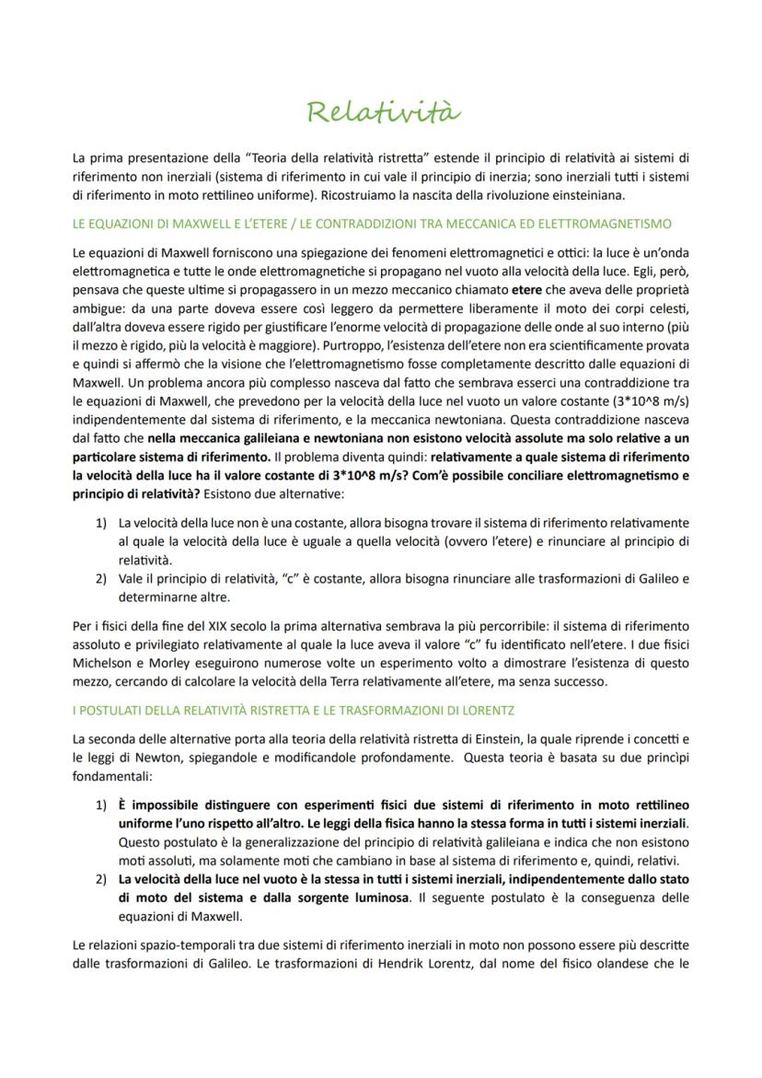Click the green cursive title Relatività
(382, 113)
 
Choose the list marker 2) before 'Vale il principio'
(102, 578)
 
